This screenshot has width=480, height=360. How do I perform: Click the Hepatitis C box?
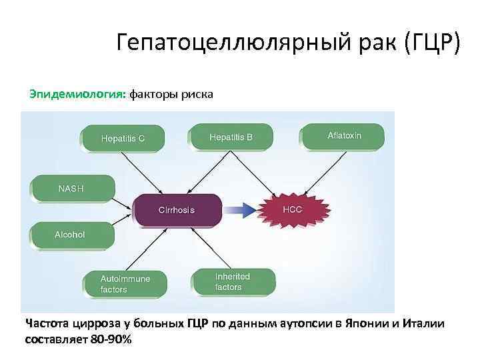click(122, 139)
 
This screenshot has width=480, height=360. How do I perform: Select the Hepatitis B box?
click(231, 137)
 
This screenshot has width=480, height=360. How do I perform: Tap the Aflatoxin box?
click(343, 136)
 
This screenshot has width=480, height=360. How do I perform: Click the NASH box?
click(72, 189)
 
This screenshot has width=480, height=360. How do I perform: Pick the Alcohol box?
click(71, 235)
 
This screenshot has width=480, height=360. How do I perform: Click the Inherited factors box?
click(233, 281)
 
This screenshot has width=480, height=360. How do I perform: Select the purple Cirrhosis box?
click(177, 209)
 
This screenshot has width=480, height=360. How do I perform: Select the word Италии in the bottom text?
click(425, 324)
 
